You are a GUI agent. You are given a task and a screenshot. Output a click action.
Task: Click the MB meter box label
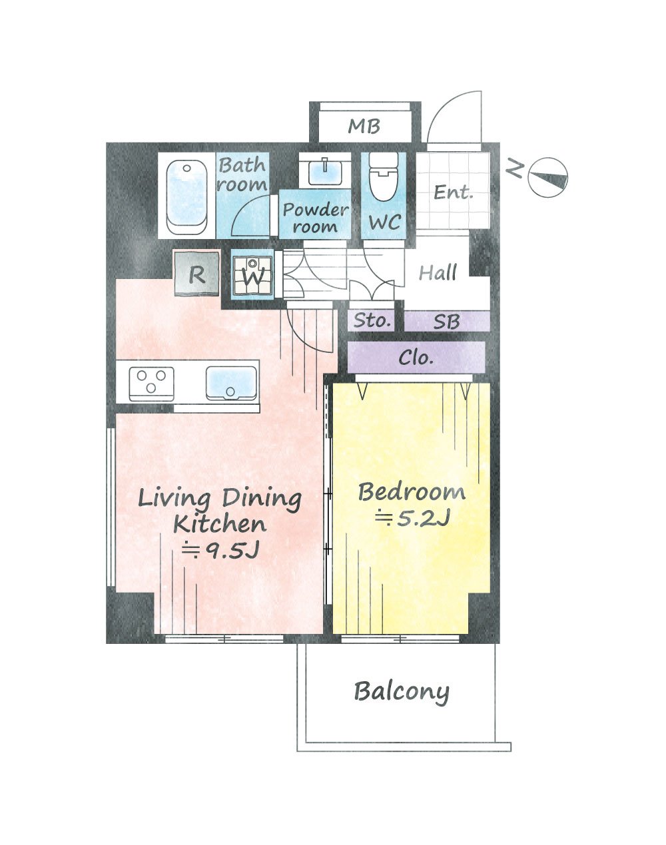pos(364,127)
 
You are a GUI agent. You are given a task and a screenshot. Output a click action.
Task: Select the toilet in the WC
pos(384,176)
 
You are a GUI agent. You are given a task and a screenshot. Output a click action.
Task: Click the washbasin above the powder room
pos(325,172)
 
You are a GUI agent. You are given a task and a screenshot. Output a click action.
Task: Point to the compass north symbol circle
pos(548,178)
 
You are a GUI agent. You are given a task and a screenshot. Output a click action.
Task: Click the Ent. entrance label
pos(453,192)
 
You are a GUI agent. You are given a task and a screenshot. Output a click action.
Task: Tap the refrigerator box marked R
pos(196,273)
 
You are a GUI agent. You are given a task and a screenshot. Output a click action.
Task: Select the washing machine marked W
pos(252,275)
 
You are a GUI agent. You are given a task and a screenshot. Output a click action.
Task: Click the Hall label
pos(438,272)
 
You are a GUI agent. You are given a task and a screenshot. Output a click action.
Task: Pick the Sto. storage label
pos(372,321)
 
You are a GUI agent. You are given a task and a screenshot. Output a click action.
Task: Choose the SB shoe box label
pos(446,322)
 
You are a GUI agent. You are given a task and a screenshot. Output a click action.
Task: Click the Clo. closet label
pos(416,358)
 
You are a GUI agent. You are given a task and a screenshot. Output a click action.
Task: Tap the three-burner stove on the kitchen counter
pos(151,384)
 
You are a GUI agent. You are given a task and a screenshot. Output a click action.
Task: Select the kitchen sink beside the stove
pos(231,383)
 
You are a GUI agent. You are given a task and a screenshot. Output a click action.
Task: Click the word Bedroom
pos(412,492)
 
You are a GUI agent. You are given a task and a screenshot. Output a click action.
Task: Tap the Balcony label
pos(402,692)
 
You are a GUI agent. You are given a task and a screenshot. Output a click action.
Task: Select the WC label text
pos(385,222)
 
